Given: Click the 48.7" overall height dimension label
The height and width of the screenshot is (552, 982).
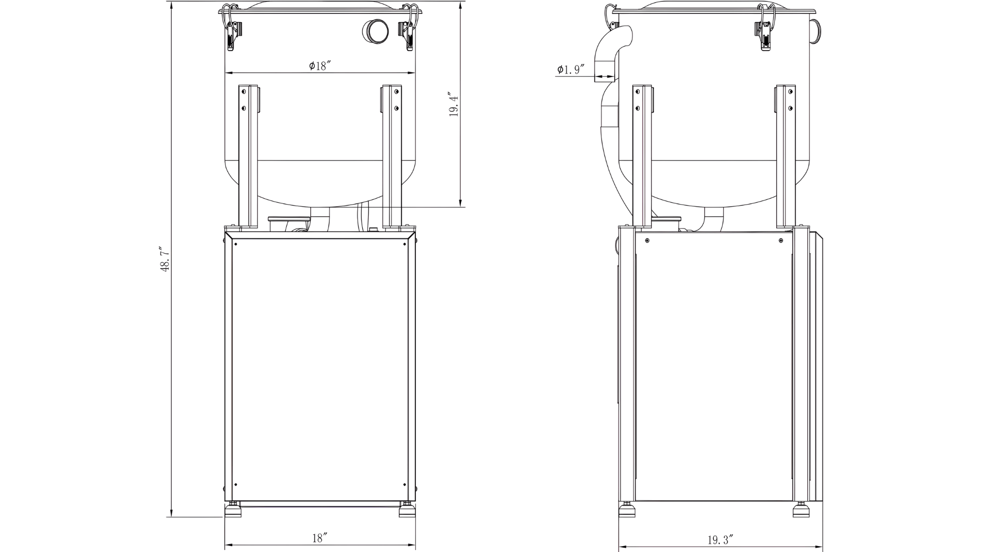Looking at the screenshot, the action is click(x=165, y=259).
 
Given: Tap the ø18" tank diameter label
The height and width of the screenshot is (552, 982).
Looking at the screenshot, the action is click(x=320, y=66).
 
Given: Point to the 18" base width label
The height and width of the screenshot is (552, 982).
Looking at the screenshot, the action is click(x=320, y=538).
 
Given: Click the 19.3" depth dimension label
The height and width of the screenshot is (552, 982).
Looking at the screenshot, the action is click(x=720, y=540).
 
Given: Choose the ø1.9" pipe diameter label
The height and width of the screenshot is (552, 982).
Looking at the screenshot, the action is click(x=571, y=70).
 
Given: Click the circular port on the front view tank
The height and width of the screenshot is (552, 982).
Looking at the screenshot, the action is click(x=376, y=31).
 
